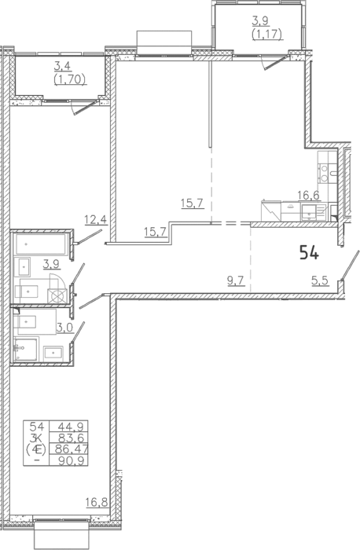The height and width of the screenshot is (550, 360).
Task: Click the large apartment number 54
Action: [309, 253]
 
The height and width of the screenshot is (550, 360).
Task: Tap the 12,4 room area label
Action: [96, 219]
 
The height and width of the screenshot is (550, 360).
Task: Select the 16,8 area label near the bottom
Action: [97, 502]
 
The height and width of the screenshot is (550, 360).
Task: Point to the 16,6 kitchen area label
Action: [309, 196]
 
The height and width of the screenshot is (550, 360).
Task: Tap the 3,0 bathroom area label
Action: [64, 328]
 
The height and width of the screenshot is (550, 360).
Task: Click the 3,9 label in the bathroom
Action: [51, 264]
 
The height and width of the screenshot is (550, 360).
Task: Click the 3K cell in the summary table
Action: [36, 438]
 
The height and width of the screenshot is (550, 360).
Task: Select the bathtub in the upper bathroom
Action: [41, 244]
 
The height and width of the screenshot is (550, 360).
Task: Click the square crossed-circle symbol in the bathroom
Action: [57, 296]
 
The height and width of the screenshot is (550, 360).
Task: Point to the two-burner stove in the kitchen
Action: [325, 174]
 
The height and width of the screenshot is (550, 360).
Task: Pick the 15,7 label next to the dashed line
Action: [193, 203]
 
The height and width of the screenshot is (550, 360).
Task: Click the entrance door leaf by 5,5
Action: [351, 266]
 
